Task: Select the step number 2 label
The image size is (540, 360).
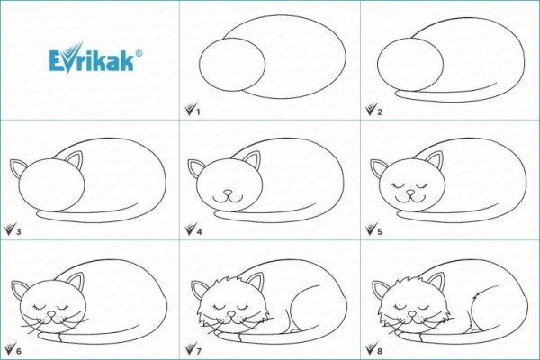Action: pos(378,112)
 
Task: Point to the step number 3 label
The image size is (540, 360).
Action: pos(17,230)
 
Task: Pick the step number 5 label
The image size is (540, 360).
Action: pos(378,230)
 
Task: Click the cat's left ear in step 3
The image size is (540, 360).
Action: pos(18,167)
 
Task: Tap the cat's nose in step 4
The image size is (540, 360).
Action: pos(227,192)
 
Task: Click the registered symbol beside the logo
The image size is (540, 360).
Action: pos(139,53)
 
